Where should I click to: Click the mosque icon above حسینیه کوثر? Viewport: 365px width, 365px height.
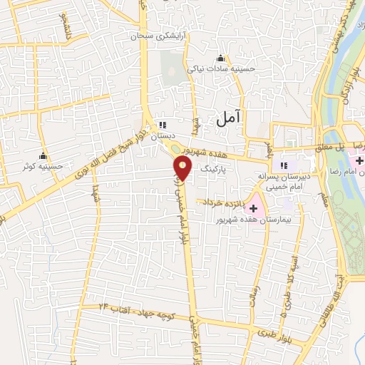(x=43, y=156)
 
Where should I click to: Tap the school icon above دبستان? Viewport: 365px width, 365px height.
(x=163, y=125)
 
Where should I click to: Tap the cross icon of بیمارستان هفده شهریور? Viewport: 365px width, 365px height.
(x=254, y=206)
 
